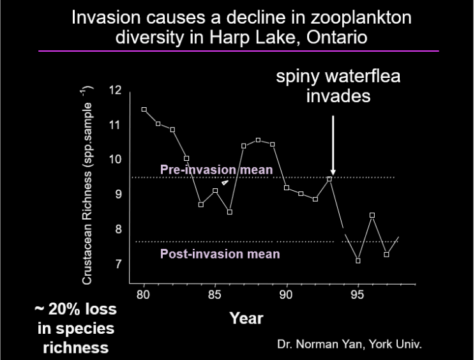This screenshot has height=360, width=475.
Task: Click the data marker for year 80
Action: click(x=144, y=110)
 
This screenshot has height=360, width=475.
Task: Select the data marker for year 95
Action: click(x=358, y=260)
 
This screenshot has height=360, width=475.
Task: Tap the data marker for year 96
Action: click(x=372, y=215)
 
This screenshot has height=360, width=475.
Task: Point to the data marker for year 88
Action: click(x=258, y=140)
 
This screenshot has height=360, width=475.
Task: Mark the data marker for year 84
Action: click(x=201, y=204)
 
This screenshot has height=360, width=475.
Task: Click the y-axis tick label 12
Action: click(x=115, y=90)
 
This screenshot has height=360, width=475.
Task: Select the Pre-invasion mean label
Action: click(x=216, y=170)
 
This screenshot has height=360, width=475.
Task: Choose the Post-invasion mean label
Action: click(x=220, y=254)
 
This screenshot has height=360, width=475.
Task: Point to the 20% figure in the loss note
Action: click(x=64, y=310)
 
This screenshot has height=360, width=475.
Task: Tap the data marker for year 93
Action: click(x=329, y=179)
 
